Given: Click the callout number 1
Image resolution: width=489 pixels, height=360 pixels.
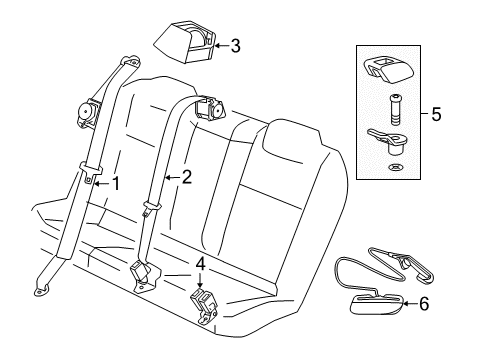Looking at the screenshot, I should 117,183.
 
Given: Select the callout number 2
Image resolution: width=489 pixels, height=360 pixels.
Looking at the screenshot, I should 186,178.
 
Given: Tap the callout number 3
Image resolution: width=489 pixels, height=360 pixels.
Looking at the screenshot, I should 236,44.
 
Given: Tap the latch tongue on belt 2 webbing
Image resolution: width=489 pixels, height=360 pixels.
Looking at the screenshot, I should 150,209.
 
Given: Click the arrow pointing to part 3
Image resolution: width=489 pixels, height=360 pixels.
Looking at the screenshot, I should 222,44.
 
